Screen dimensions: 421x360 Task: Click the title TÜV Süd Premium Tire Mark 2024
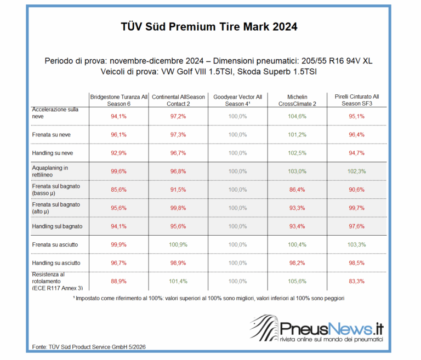(209, 27)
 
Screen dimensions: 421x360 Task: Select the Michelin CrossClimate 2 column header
(297, 100)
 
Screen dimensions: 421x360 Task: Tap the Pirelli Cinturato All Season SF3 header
(357, 100)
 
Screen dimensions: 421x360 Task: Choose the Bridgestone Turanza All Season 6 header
(118, 100)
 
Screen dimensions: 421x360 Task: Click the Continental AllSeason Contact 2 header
(178, 100)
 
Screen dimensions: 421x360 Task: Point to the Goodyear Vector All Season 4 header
(237, 100)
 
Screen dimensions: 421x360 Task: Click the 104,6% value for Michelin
(297, 117)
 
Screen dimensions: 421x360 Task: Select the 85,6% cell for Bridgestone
(118, 190)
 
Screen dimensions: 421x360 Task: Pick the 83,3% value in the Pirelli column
(357, 281)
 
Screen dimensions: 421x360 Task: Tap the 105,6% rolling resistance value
(297, 281)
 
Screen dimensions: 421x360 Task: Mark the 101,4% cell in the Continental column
(178, 281)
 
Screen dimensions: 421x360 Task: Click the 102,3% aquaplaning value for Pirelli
(357, 172)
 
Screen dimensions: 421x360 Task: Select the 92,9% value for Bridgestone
(118, 153)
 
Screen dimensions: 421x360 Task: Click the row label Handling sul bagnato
(57, 226)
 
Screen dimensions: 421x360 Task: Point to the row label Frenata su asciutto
(55, 244)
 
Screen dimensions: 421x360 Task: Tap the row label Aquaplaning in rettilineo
(50, 172)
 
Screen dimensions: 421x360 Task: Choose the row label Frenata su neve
(52, 135)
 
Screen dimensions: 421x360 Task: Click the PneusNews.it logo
(317, 329)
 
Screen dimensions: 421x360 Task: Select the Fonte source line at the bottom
(89, 347)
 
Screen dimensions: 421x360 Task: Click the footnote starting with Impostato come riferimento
(209, 298)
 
